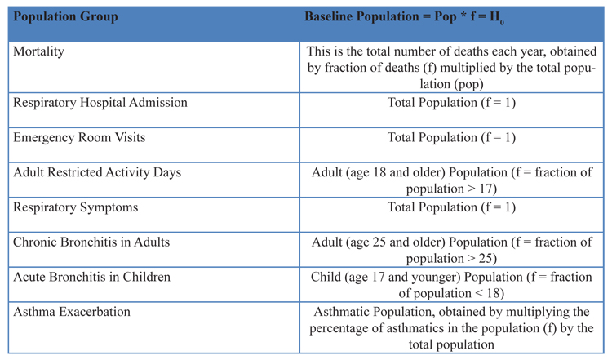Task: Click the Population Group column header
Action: click(65, 17)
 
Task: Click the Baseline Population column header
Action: click(404, 18)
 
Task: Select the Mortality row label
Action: click(38, 51)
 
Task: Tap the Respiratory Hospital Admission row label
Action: click(100, 103)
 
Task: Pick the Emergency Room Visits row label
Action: click(79, 137)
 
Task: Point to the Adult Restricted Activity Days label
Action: click(97, 172)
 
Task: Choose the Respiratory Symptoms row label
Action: click(76, 207)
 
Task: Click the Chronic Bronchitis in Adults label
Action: click(91, 242)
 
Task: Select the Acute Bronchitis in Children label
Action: click(91, 277)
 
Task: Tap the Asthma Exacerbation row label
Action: click(72, 312)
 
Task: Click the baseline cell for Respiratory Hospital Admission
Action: click(451, 103)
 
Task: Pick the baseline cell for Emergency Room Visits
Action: click(451, 137)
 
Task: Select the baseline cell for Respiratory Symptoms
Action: click(451, 207)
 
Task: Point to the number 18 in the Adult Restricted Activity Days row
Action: click(379, 172)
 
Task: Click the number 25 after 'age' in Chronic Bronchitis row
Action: click(379, 242)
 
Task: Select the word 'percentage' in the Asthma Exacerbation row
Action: click(339, 329)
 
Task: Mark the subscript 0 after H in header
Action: click(502, 23)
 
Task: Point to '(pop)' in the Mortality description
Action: click(468, 84)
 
